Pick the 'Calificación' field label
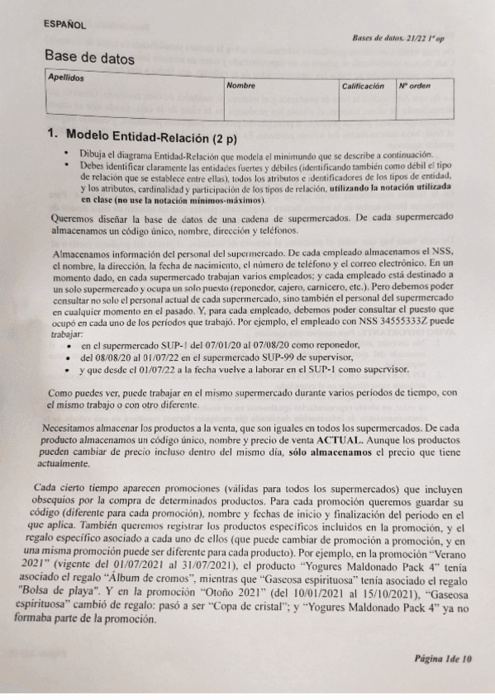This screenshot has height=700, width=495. pos(364,86)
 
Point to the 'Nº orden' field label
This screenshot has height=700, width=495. pos(414,86)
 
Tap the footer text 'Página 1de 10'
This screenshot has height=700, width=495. pos(444,658)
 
